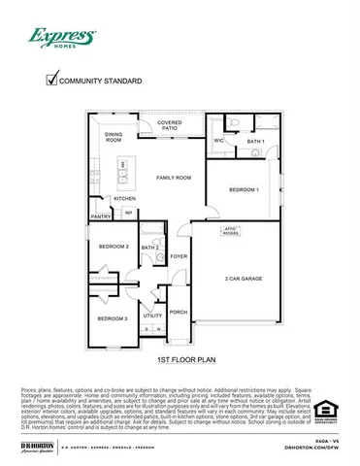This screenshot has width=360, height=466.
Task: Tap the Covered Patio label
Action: click(171, 125)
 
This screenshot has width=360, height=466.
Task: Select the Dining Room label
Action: click(114, 137)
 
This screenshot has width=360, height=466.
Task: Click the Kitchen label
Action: click(125, 198)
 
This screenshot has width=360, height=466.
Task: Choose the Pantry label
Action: click(100, 216)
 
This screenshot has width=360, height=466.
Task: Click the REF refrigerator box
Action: click(128, 212)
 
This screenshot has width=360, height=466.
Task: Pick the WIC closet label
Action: click(219, 141)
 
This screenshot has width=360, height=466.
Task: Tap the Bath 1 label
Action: click(254, 141)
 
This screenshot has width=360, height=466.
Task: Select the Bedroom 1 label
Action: click(244, 189)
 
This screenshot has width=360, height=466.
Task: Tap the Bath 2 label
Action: click(149, 249)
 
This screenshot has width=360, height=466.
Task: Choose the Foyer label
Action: click(179, 256)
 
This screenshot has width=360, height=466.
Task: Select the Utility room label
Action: click(152, 316)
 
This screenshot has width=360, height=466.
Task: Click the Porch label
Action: click(179, 313)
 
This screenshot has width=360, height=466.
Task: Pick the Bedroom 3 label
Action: click(113, 318)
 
